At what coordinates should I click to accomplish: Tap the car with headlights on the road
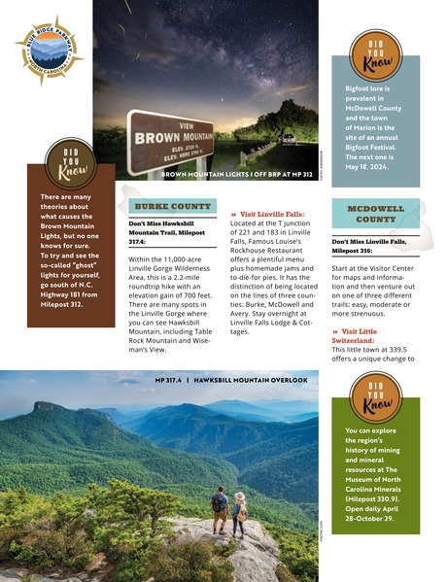click(289, 139)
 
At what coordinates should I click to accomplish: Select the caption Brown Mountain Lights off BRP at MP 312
click(236, 176)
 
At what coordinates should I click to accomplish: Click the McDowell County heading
click(375, 213)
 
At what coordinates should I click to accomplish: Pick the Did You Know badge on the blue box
click(374, 57)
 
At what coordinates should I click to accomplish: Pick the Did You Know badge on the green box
click(374, 397)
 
